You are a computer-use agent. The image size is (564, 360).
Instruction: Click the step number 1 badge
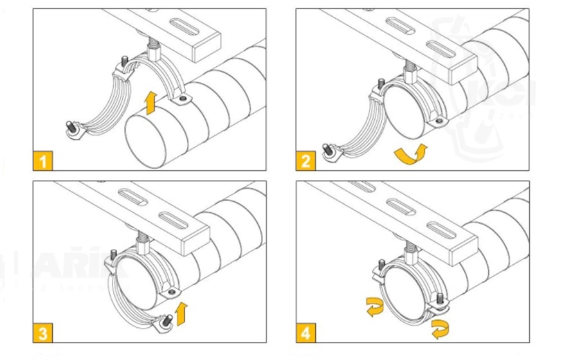(x=43, y=160)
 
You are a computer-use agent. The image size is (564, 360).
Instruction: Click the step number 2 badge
(x=306, y=160)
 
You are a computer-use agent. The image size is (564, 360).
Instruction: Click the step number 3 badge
(x=43, y=332)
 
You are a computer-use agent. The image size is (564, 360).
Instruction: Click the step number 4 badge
(x=306, y=332)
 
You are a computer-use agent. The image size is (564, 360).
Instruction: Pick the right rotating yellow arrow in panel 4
(x=439, y=329)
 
